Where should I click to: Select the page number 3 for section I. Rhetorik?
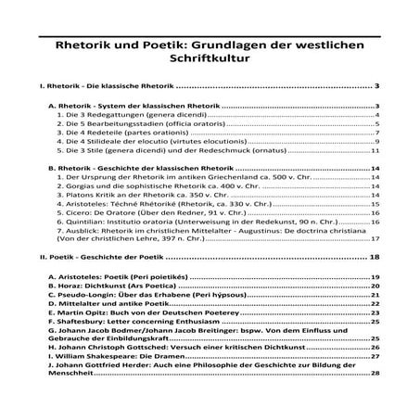click(x=376, y=86)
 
